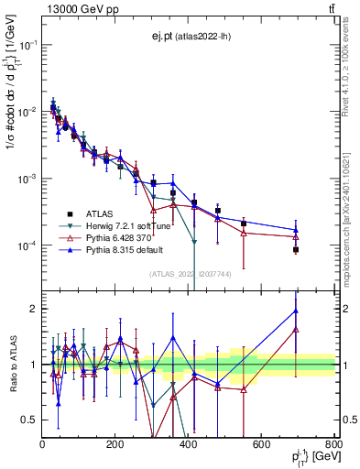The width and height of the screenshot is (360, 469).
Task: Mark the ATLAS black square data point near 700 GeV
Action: pyautogui.click(x=296, y=249)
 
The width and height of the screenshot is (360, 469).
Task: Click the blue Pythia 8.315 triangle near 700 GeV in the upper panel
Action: pyautogui.click(x=296, y=230)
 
